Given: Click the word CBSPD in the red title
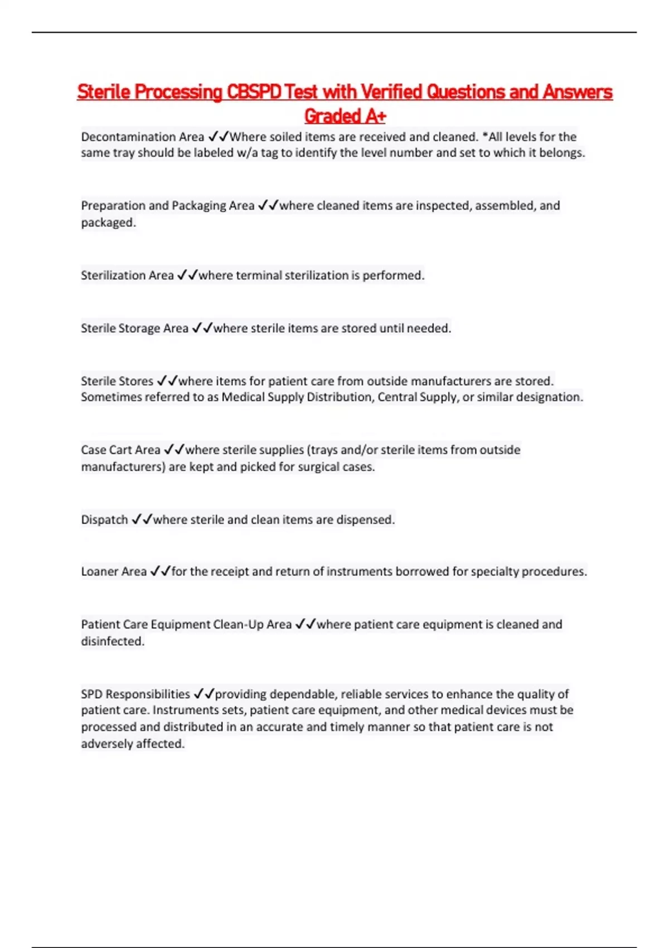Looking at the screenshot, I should [x=254, y=91].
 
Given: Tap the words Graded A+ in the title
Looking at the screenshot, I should [x=345, y=116].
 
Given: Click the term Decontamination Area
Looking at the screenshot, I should [x=142, y=137].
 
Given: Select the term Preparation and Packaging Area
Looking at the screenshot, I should [x=167, y=206].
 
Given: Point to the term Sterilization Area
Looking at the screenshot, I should [x=127, y=275].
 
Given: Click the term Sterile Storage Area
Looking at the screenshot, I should [x=134, y=328].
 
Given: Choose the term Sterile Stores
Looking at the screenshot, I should [x=117, y=381].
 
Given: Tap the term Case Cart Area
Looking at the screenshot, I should [x=120, y=450].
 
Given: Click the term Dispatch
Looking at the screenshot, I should [x=104, y=520].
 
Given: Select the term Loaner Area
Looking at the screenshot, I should [x=114, y=572].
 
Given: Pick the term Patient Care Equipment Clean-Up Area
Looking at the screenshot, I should [x=186, y=625].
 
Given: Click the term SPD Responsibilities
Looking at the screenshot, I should [x=135, y=694].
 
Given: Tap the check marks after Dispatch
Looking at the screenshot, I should [x=142, y=520].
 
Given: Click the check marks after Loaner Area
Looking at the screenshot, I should [x=160, y=572].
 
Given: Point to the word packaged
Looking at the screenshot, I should [x=108, y=223].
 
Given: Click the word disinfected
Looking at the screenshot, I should [x=113, y=641].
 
